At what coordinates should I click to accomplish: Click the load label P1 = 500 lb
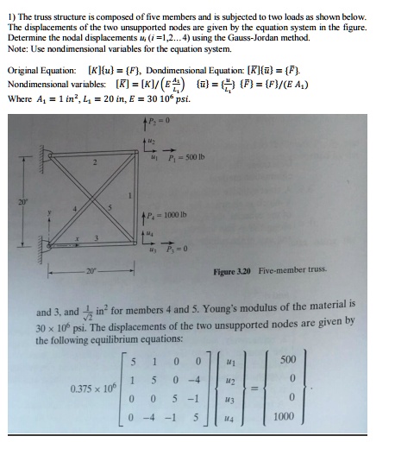(x=189, y=156)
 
